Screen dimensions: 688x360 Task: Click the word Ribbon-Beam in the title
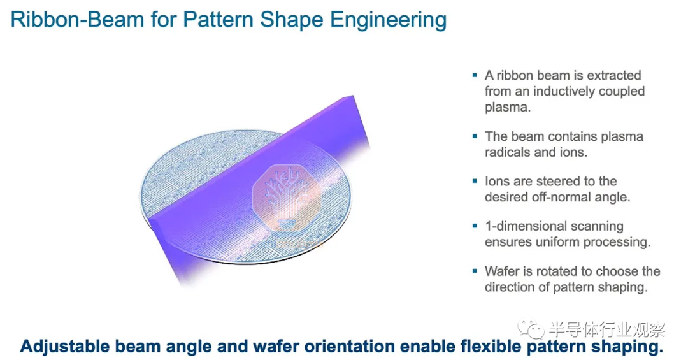[77, 20]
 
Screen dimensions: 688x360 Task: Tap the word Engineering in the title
[389, 20]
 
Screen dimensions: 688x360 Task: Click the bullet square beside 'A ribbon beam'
[475, 76]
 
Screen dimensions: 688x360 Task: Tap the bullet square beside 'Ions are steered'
[475, 181]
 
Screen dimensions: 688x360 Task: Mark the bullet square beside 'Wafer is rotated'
[475, 271]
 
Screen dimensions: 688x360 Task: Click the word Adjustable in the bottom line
[64, 347]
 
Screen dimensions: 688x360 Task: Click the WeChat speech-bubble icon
[531, 329]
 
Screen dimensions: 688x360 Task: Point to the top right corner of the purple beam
[353, 96]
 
